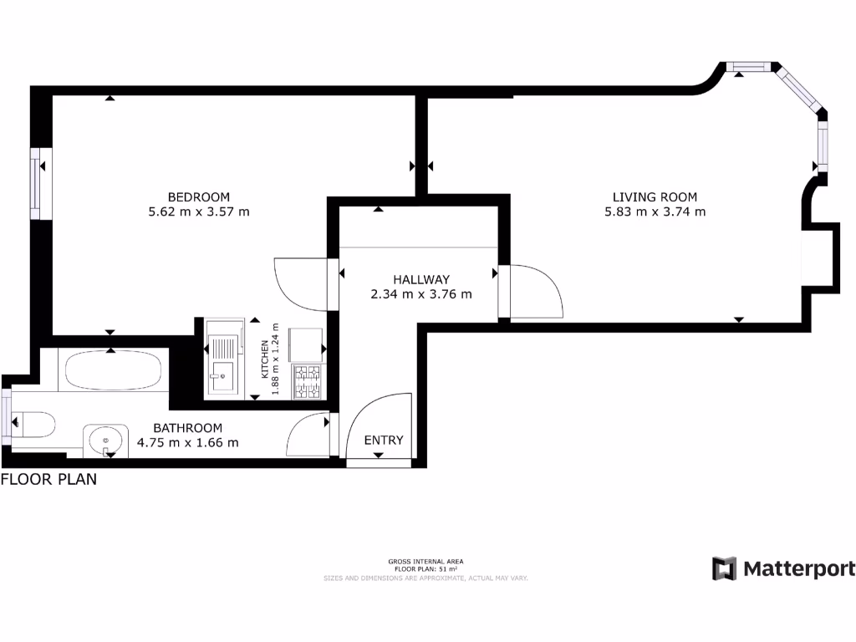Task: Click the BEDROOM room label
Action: point(198,196)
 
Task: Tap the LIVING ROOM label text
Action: point(655,196)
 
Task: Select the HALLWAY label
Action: point(421,279)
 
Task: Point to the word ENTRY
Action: point(384,440)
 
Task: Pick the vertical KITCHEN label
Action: point(265,360)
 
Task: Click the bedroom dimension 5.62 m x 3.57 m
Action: point(198,211)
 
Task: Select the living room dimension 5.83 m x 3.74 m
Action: point(655,211)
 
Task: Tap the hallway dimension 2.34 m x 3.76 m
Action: point(421,294)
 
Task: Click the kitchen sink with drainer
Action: point(222,362)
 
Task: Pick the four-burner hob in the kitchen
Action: point(307,381)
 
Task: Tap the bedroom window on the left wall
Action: point(38,183)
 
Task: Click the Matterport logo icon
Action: point(724,568)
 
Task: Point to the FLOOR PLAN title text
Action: point(48,480)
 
